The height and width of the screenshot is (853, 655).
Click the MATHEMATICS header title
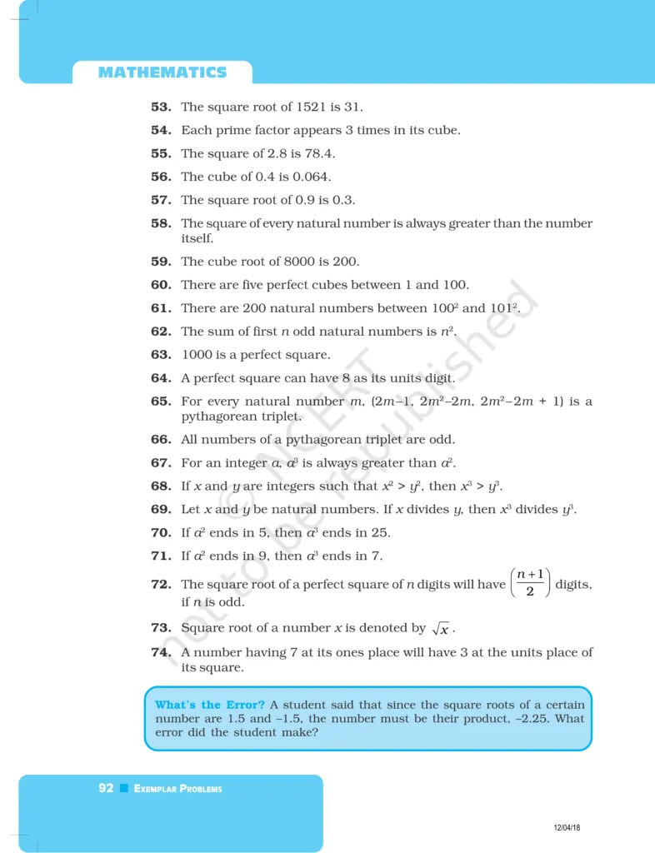pos(162,72)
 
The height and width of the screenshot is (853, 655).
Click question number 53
pos(161,107)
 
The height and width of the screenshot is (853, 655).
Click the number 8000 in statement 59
pos(289,261)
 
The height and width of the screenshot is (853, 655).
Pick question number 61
pos(161,308)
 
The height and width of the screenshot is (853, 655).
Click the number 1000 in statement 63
pos(197,355)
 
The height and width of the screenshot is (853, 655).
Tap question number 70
pos(161,533)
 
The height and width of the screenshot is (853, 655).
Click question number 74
pos(161,652)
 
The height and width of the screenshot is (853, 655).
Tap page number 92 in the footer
pos(106,788)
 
